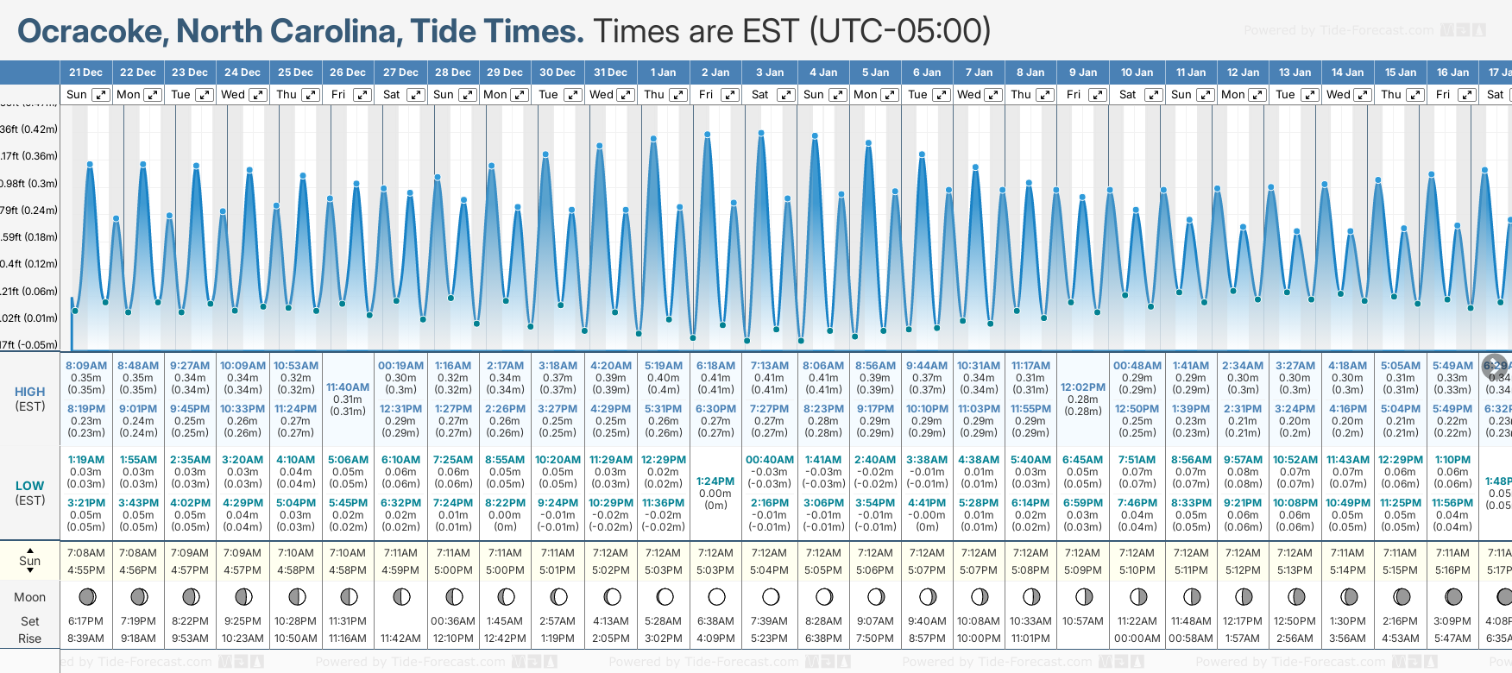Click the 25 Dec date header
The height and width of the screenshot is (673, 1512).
click(x=295, y=72)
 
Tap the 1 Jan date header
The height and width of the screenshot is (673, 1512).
click(x=663, y=72)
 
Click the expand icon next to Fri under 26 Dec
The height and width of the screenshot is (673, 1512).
click(x=362, y=95)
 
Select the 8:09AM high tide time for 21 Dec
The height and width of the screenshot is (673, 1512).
click(x=85, y=366)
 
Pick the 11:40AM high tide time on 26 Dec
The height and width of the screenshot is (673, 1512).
click(x=348, y=387)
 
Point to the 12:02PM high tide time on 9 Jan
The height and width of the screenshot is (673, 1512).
click(x=1082, y=387)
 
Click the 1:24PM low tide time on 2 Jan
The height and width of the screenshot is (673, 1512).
click(x=715, y=481)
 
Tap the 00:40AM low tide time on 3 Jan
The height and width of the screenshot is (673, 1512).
click(x=769, y=460)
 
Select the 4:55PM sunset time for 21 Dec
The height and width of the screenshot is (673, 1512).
click(x=85, y=570)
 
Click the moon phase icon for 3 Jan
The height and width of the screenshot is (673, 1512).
click(x=771, y=597)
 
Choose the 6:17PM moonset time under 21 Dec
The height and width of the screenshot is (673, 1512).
click(x=85, y=621)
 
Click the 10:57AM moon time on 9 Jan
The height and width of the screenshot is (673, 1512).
click(x=1082, y=621)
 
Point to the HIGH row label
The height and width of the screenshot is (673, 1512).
click(x=30, y=392)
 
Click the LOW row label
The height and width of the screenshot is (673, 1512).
click(x=30, y=486)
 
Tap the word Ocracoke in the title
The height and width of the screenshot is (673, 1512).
click(x=92, y=32)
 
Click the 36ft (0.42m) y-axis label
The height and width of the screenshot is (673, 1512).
click(x=29, y=129)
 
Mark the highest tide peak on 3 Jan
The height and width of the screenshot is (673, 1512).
click(x=761, y=134)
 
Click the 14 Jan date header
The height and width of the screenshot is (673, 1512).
click(x=1347, y=72)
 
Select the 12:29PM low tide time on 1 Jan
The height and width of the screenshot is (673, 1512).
click(x=663, y=460)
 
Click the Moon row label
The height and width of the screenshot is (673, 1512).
click(x=30, y=597)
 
